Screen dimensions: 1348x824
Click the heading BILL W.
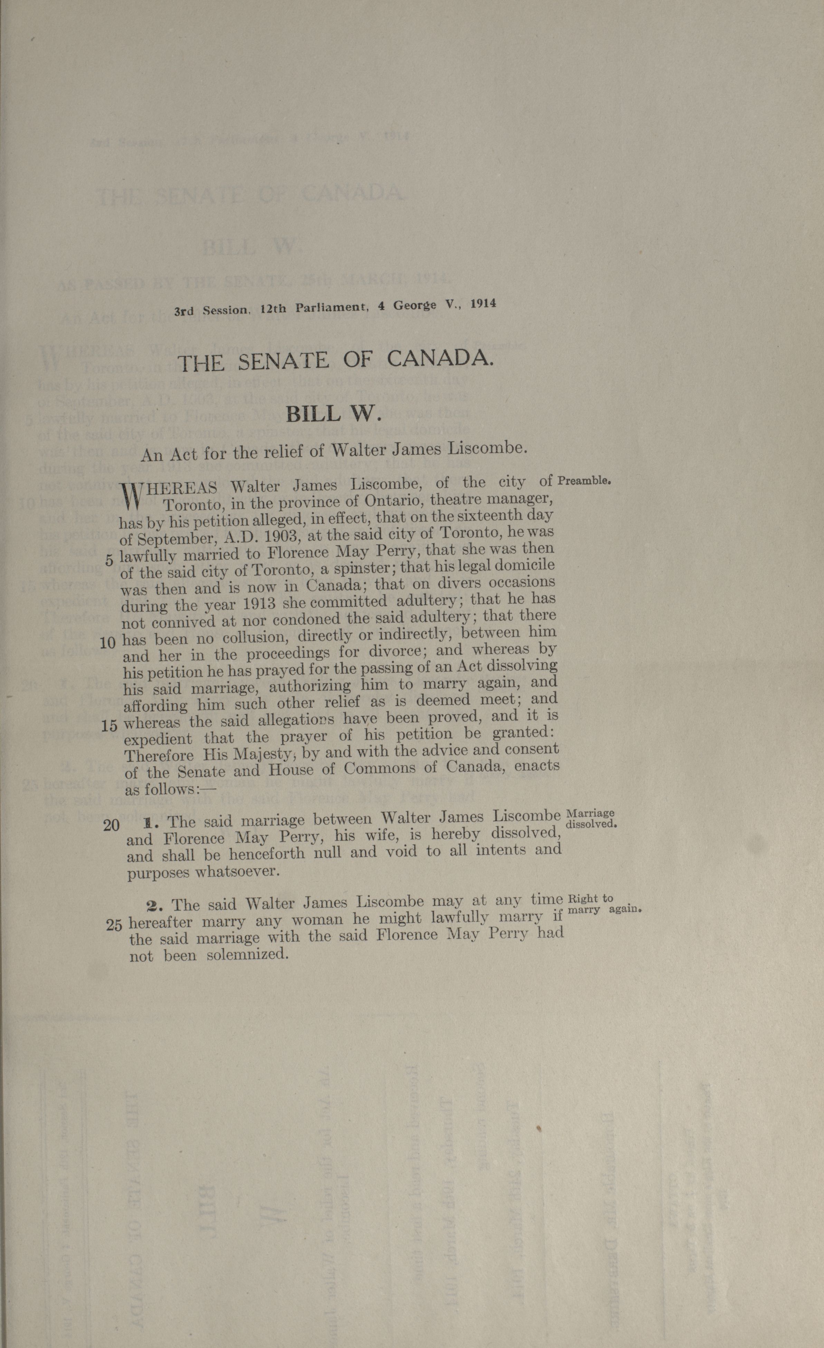pos(332,414)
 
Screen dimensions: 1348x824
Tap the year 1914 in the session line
pos(483,304)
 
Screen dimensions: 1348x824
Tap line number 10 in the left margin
pos(108,643)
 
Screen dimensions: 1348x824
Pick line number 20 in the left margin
pos(111,825)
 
